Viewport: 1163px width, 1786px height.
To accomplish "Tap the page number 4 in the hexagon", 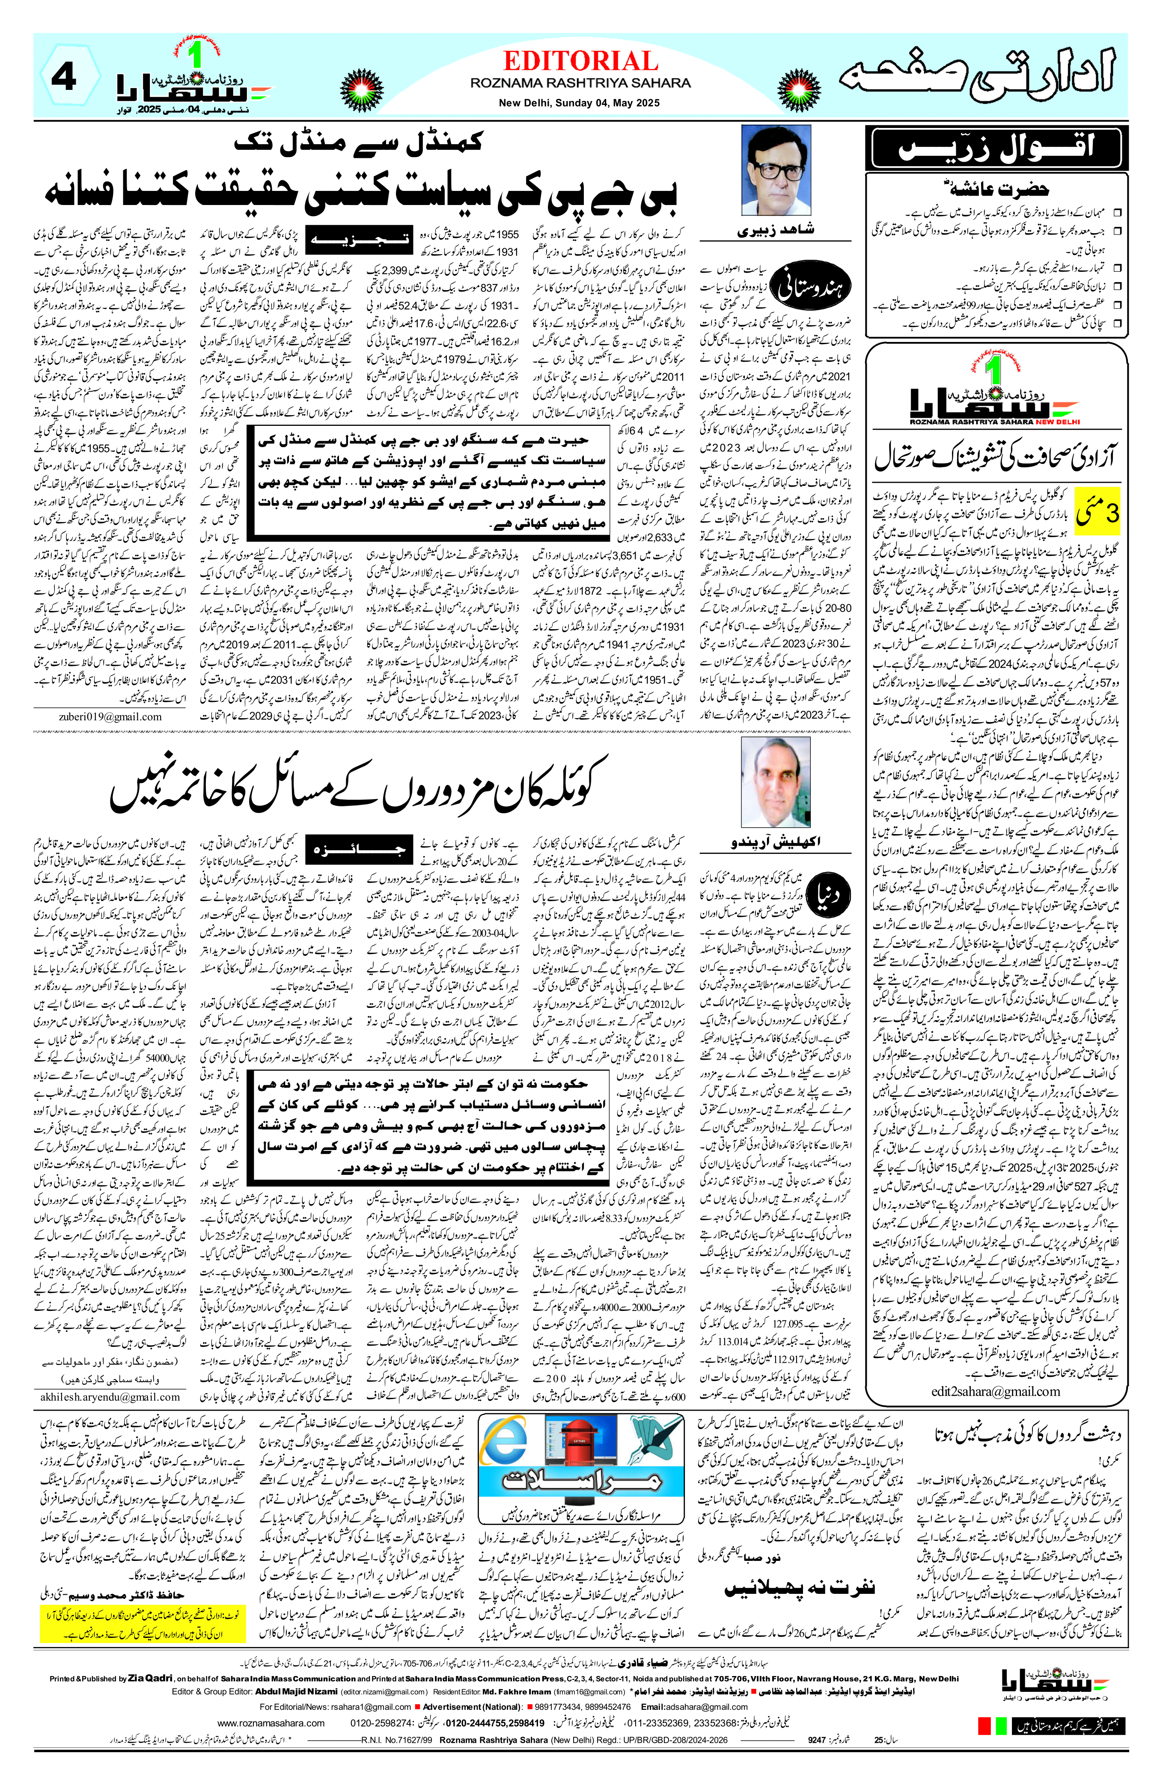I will click(65, 78).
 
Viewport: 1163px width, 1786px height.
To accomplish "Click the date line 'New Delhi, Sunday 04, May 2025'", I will click(580, 103).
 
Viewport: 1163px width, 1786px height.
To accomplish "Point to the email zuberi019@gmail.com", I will click(110, 716).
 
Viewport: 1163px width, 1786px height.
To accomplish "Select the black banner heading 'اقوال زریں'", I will click(995, 147).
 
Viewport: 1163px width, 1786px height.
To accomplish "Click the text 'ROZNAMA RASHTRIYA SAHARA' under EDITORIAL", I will click(580, 83).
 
